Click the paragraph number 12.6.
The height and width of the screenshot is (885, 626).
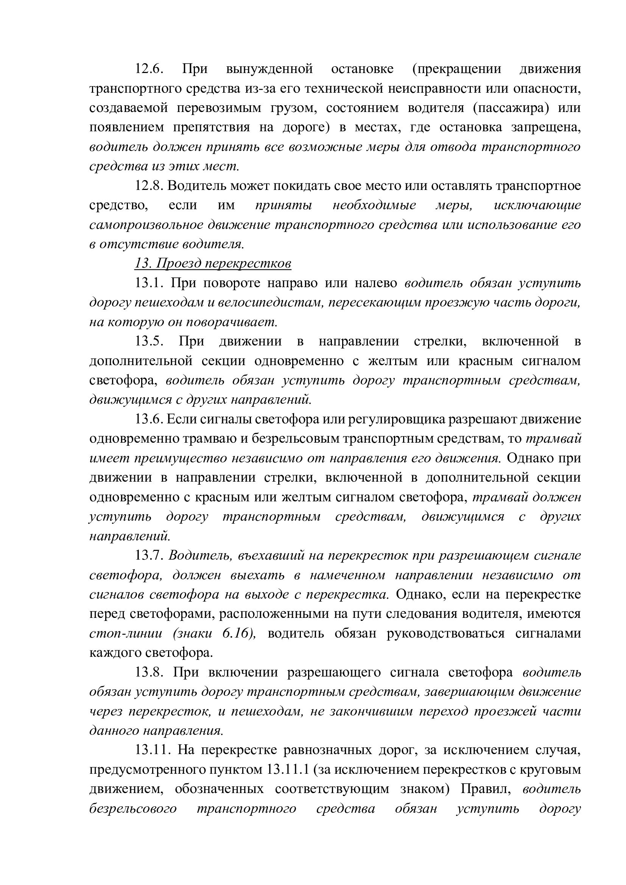pos(149,69)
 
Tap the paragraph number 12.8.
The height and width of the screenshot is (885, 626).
pos(149,186)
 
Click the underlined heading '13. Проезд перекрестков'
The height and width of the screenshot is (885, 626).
pos(213,264)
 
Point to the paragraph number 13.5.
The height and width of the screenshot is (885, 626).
pos(149,342)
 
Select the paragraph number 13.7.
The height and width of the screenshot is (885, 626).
pos(149,555)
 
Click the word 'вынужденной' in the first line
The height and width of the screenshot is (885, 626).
pos(269,69)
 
